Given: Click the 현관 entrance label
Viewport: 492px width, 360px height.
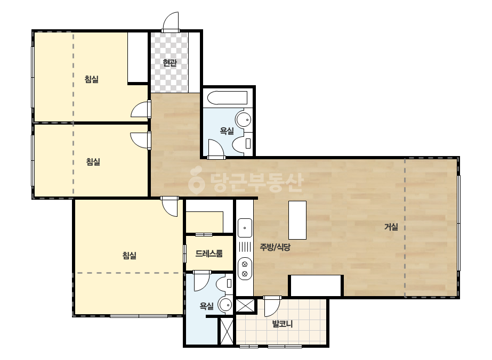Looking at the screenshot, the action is pos(170,63).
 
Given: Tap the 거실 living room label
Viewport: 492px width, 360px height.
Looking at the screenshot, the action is pos(391,227).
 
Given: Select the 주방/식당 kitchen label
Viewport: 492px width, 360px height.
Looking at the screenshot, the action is pos(275,247).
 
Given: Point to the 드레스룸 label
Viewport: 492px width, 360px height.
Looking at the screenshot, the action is pos(209,253).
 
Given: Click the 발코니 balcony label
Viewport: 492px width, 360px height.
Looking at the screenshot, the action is pos(283,324).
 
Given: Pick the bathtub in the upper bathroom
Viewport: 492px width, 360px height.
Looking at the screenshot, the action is pos(228,98).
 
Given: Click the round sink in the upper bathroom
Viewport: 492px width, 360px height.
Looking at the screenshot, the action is pos(244,119).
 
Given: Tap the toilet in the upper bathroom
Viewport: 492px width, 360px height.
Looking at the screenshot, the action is pos(243,144).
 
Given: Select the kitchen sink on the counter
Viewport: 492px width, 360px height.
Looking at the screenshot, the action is pos(245,228).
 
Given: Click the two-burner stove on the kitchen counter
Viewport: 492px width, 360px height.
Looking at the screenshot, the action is pos(245,269).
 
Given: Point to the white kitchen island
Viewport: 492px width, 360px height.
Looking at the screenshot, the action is pos(297,220).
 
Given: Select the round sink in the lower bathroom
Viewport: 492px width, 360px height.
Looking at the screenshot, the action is pos(224,305).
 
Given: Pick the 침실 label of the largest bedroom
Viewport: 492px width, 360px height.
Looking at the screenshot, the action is pos(130,255).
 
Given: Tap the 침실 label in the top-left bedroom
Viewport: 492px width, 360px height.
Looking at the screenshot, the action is pos(92,79).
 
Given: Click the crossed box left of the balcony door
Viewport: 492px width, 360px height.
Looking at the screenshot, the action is pos(245,306).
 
